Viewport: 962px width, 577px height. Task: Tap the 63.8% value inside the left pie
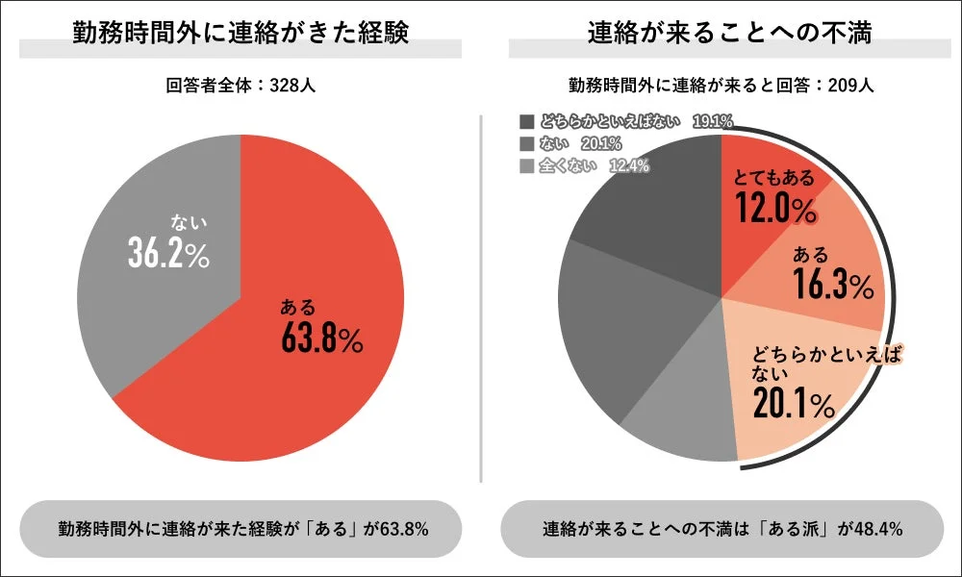pyautogui.click(x=322, y=339)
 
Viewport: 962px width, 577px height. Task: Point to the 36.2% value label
pyautogui.click(x=169, y=251)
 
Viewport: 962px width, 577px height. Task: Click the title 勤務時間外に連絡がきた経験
pyautogui.click(x=240, y=33)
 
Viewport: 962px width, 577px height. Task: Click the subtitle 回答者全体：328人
pyautogui.click(x=240, y=85)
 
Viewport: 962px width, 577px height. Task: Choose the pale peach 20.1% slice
pyautogui.click(x=798, y=404)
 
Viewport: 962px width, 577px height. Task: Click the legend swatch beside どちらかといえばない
pyautogui.click(x=526, y=121)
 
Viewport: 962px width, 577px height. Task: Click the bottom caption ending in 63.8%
pyautogui.click(x=241, y=529)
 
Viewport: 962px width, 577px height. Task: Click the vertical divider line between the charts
pyautogui.click(x=480, y=298)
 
